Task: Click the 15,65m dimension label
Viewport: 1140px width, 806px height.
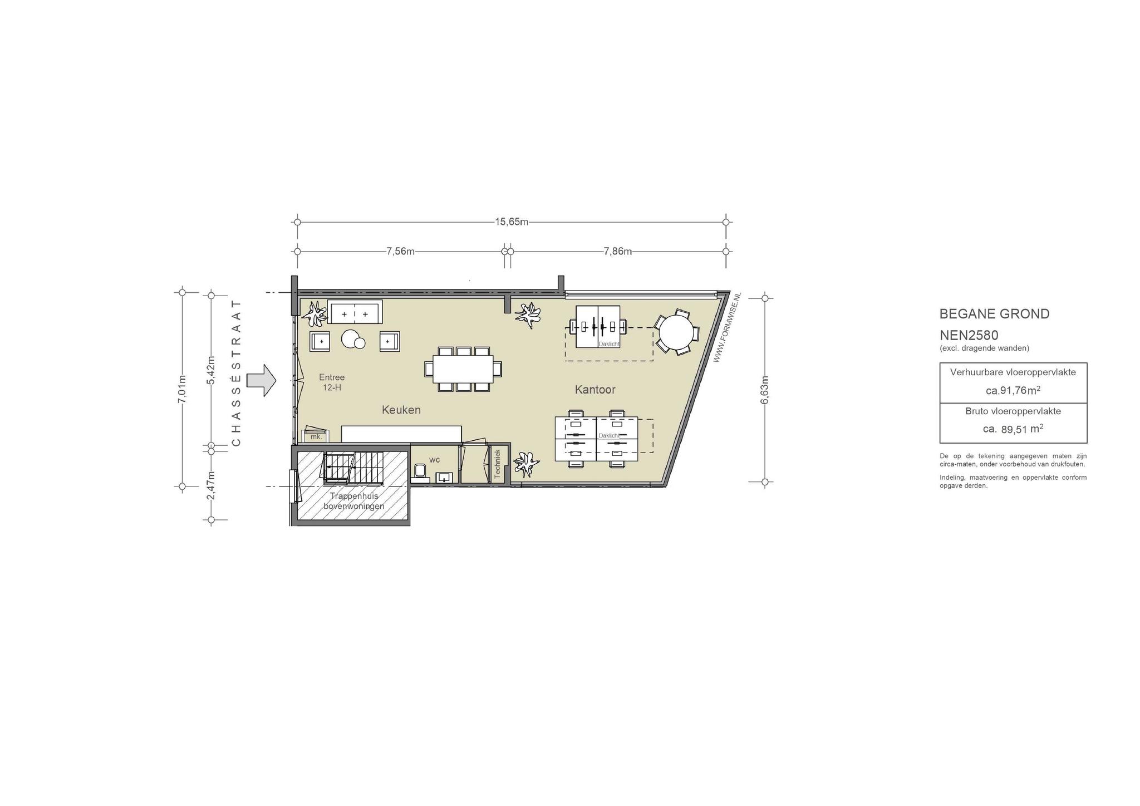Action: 511,222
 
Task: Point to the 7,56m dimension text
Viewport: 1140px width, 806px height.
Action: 401,251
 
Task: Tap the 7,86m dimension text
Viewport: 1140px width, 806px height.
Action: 618,251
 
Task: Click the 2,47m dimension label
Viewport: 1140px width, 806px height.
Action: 210,485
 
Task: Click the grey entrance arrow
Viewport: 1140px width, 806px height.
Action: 261,380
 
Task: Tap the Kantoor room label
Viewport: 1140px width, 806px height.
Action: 595,390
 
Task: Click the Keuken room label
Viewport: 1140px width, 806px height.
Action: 401,410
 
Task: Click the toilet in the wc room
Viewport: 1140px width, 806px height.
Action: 421,473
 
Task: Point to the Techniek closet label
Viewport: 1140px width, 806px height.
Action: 498,464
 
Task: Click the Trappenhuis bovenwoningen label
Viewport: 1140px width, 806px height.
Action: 353,501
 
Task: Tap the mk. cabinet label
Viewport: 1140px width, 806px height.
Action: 316,437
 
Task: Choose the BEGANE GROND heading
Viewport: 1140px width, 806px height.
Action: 994,314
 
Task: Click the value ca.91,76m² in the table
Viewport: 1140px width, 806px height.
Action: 1013,390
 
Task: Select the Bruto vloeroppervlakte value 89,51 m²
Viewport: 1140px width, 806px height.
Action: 1013,429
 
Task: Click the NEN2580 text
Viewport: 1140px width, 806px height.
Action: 969,336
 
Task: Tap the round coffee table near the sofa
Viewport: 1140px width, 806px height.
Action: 352,339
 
